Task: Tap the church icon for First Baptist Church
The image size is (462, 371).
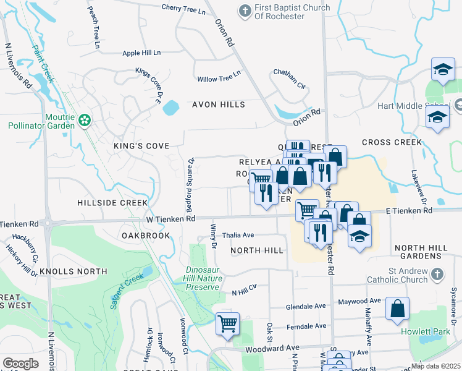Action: [245, 11]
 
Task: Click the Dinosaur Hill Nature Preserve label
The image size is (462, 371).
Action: [203, 278]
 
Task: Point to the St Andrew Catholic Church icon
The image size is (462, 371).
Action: [437, 273]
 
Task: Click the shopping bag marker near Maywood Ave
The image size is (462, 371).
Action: [397, 309]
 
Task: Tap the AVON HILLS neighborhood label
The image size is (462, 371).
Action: [218, 104]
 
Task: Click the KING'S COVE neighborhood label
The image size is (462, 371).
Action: [141, 146]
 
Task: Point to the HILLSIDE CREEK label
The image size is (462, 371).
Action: [112, 203]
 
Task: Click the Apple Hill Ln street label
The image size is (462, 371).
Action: [141, 53]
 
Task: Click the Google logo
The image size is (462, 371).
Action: [20, 364]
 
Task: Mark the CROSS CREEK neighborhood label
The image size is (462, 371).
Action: [391, 142]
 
